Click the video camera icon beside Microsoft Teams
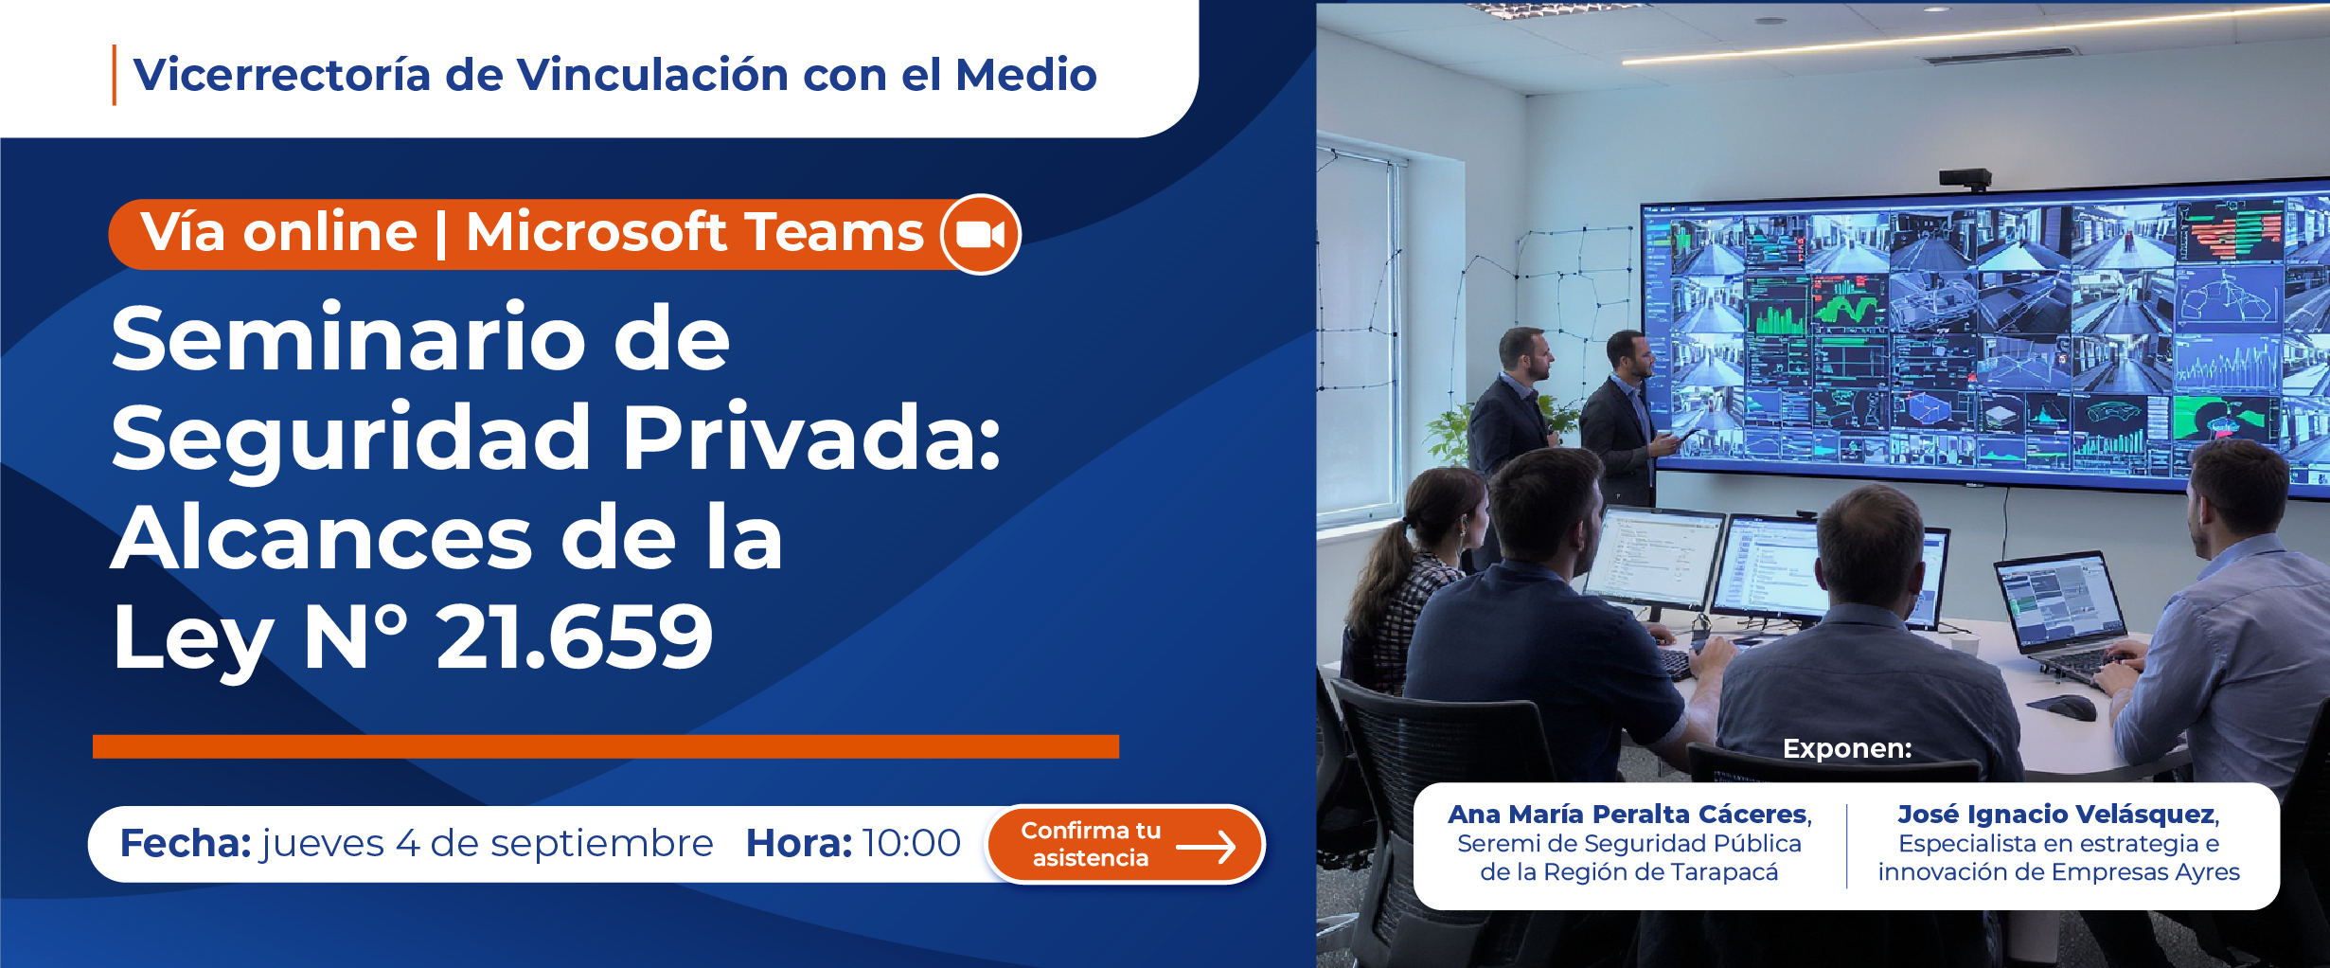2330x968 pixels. click(x=980, y=234)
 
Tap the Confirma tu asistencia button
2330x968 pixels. click(x=1125, y=844)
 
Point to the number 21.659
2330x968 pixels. click(x=574, y=636)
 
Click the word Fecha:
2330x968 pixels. click(x=186, y=843)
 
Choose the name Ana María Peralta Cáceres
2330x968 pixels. click(x=1628, y=814)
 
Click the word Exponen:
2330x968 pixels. click(x=1847, y=748)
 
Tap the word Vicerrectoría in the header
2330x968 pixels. click(x=281, y=75)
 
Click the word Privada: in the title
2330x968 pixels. click(x=811, y=437)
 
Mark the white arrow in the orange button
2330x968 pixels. click(x=1205, y=847)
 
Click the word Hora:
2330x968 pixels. click(x=799, y=843)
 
